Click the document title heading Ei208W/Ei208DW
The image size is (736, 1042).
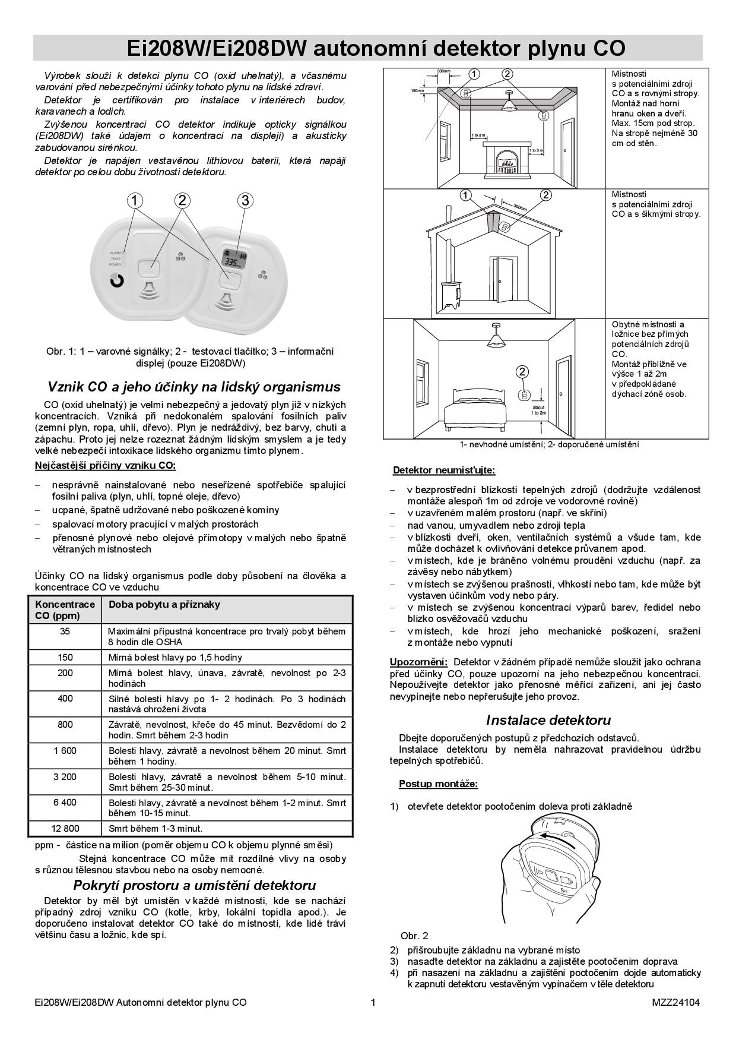pyautogui.click(x=367, y=48)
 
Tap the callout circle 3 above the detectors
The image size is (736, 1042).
pyautogui.click(x=245, y=200)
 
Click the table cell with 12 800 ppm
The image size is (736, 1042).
pyautogui.click(x=65, y=828)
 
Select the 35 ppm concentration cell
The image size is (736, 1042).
pyautogui.click(x=65, y=631)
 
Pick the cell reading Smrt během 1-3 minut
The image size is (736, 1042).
pyautogui.click(x=156, y=828)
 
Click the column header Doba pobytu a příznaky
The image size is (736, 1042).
pyautogui.click(x=164, y=604)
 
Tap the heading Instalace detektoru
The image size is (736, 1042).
pyautogui.click(x=548, y=720)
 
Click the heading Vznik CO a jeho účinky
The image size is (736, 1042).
pyautogui.click(x=193, y=387)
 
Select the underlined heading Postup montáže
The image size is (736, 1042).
pyautogui.click(x=438, y=784)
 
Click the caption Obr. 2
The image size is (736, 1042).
pyautogui.click(x=414, y=936)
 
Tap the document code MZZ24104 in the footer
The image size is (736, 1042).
pyautogui.click(x=675, y=1002)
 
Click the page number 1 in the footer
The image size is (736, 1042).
pyautogui.click(x=373, y=1002)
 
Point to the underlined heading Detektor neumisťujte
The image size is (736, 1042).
pyautogui.click(x=444, y=471)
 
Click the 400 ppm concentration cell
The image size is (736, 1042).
pyautogui.click(x=65, y=699)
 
